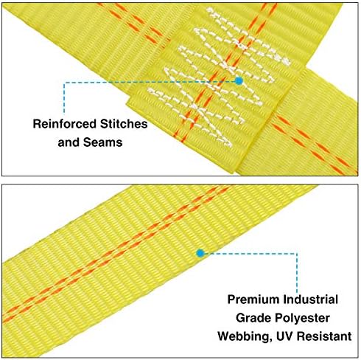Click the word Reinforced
tap(65, 124)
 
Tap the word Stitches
tap(124, 124)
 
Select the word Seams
tap(102, 142)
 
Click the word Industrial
tap(310, 300)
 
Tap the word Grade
tap(253, 318)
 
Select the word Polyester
tap(302, 319)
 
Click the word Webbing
tap(245, 336)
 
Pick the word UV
tap(284, 336)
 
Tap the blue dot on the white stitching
tap(239, 81)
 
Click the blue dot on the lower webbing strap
tap(200, 253)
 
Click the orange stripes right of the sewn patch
tap(315, 145)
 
